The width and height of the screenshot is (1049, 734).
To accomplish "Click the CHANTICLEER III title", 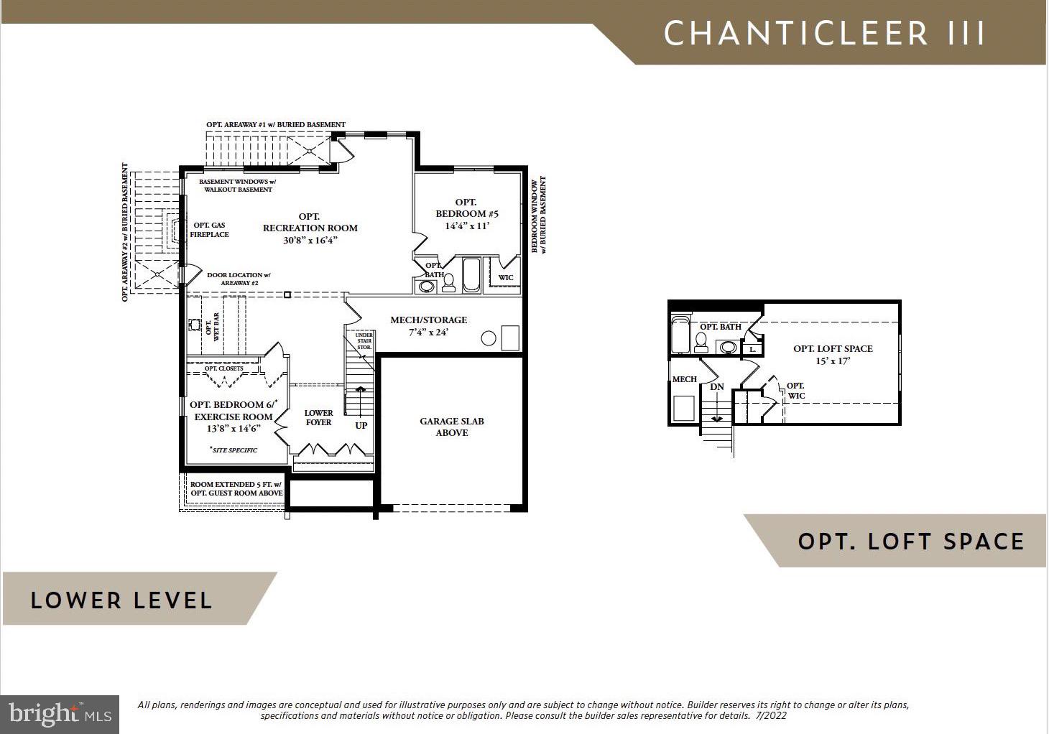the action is tap(824, 33).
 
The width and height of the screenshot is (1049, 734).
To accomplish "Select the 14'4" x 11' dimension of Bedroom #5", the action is tap(467, 226).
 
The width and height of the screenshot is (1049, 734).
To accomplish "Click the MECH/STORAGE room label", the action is tap(428, 320).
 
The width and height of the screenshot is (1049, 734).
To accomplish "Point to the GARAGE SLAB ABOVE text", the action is tap(452, 427).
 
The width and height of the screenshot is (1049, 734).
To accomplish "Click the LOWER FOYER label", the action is tap(318, 417).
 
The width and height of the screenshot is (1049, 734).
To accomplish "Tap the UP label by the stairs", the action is tap(361, 425).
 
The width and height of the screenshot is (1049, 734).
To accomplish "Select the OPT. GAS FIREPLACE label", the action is tap(209, 230).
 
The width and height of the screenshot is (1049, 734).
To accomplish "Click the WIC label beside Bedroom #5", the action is tap(506, 278).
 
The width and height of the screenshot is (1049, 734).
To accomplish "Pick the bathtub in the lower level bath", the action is tap(471, 274).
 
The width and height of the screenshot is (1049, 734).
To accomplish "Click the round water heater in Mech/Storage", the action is tap(489, 338).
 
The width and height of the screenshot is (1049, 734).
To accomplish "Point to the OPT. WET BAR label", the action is tap(212, 327).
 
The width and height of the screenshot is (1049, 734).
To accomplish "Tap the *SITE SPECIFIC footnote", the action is tap(234, 450).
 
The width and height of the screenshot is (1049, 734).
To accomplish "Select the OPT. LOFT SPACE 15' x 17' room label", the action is tap(833, 355).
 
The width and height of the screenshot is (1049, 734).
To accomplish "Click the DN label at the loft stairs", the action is tap(717, 387).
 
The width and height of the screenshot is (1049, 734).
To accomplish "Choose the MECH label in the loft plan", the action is tap(684, 379).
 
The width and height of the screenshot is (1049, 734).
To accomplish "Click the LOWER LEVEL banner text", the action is tap(121, 600).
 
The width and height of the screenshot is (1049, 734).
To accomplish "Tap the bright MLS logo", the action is tap(60, 715).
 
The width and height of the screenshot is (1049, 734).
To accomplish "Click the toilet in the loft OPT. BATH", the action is tap(701, 343).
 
